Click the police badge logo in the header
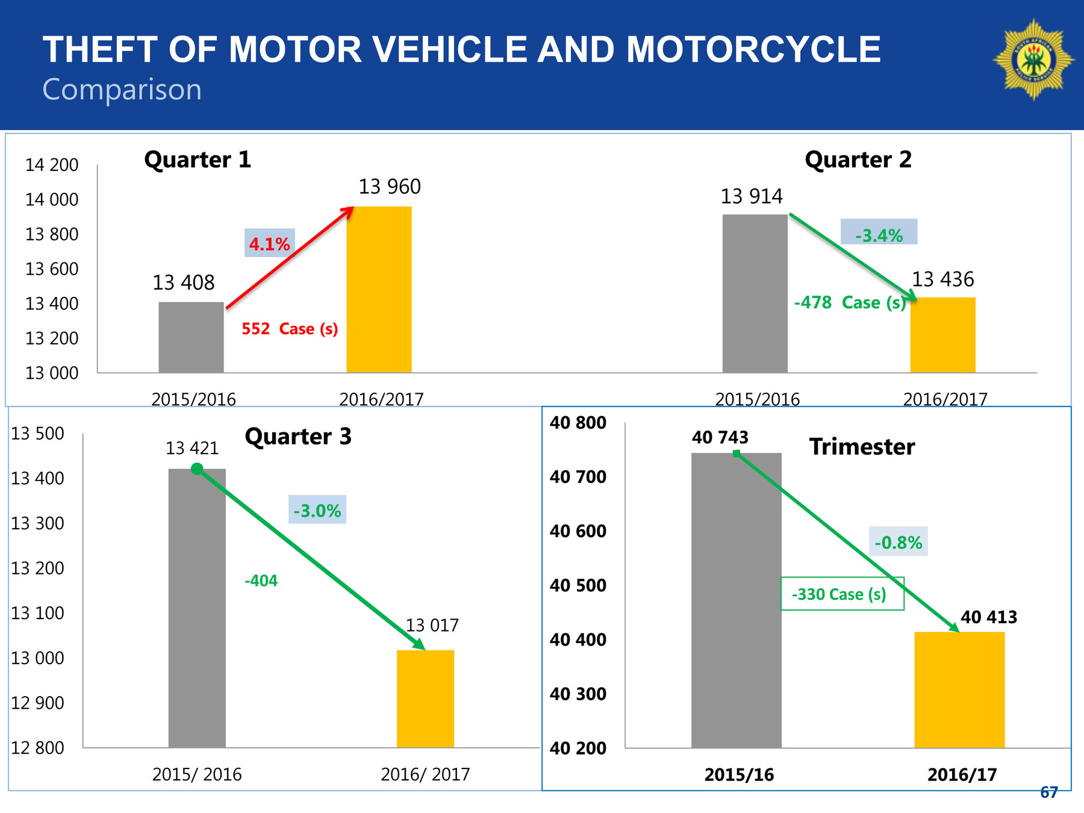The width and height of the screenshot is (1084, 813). pos(1033,59)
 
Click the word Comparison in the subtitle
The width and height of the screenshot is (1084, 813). pos(122,90)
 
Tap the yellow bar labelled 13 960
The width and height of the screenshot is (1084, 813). pos(379,289)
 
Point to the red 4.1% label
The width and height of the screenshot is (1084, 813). pos(269,244)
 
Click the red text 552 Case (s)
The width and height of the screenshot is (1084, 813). pos(290,329)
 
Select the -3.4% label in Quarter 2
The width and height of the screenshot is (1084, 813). pos(879,235)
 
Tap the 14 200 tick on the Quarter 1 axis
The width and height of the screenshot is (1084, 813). pos(52,165)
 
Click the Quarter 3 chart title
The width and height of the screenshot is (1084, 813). pos(298,437)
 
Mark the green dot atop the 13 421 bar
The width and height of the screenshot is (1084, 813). pos(197,469)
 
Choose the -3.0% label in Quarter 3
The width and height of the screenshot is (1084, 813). pos(317,511)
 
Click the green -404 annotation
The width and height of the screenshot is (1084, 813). pos(261,581)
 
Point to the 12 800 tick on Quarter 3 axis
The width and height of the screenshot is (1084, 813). pos(37,748)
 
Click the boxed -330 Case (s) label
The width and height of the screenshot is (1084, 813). pos(842,594)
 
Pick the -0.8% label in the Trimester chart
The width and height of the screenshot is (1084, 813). pos(898,543)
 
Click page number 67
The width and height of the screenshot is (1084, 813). pos(1048,793)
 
